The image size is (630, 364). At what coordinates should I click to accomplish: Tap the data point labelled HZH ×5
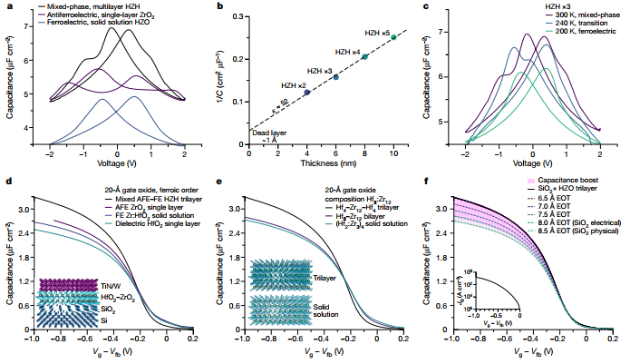tap(393, 37)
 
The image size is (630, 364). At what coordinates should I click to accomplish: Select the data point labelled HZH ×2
tap(306, 93)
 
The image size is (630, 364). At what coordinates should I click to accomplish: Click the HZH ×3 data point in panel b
tap(335, 76)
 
